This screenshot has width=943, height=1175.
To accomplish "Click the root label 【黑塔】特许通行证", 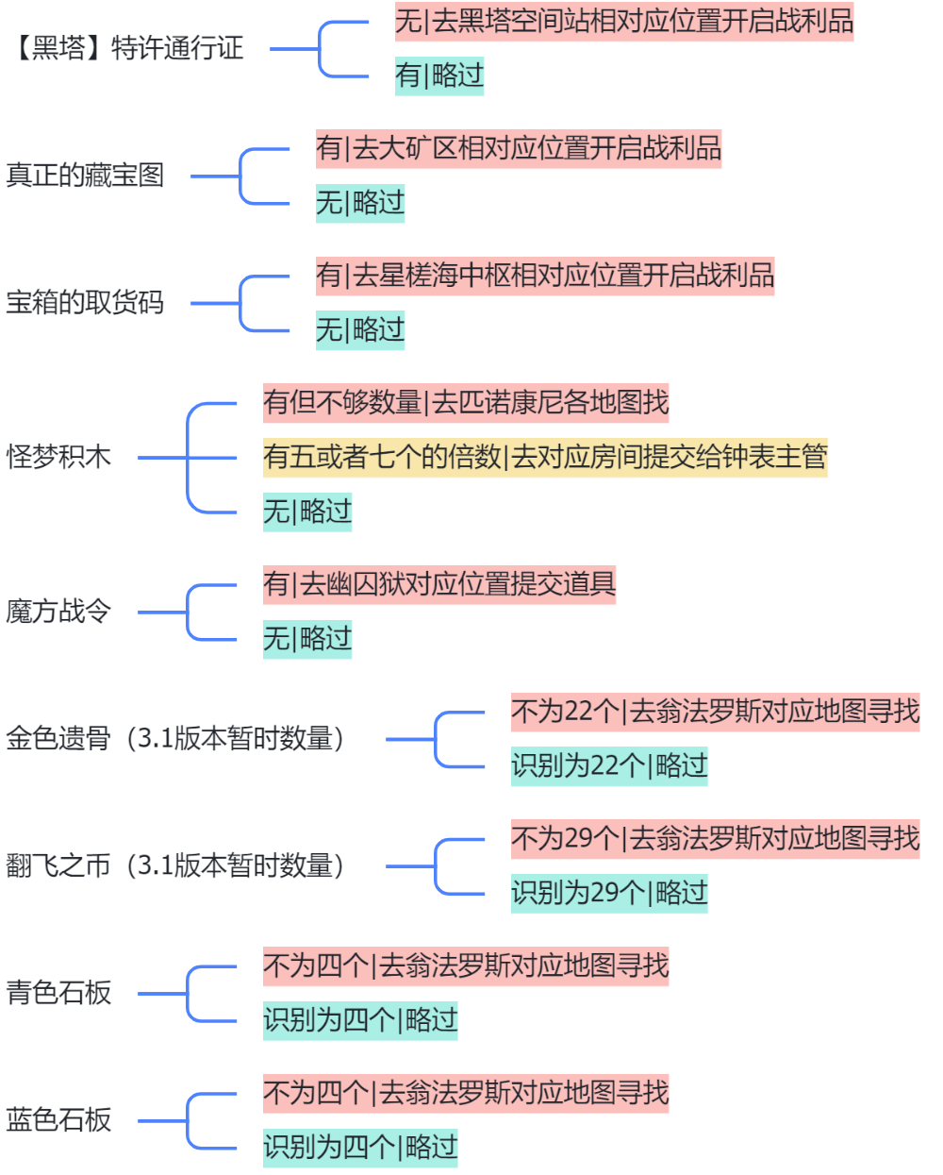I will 128,48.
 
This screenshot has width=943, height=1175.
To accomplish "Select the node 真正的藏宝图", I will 85,176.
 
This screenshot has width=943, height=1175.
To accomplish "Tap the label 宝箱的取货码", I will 85,303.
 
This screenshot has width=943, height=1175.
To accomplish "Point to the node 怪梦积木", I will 58,457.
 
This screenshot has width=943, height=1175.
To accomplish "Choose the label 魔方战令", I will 58,612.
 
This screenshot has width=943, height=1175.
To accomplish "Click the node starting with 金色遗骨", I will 175,738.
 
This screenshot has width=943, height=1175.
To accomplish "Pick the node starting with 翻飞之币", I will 175,865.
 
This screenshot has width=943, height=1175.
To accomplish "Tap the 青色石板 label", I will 58,993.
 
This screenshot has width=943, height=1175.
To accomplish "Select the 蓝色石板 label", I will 58,1120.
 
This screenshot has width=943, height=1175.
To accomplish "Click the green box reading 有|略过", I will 439,76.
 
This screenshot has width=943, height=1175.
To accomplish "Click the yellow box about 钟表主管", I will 545,458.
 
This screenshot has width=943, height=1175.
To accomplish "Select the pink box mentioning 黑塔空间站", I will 624,21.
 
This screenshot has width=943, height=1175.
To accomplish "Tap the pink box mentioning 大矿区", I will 519,148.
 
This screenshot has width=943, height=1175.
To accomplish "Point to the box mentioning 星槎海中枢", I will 545,276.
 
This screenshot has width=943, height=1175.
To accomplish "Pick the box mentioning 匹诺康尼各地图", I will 466,403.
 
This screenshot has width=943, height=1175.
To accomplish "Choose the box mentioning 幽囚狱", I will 439,584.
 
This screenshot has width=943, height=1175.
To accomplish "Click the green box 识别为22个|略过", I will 609,765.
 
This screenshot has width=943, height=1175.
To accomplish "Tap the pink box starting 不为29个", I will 715,838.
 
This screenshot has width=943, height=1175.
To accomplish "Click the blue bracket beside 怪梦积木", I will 189,458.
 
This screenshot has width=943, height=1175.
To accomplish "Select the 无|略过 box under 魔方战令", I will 307,639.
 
